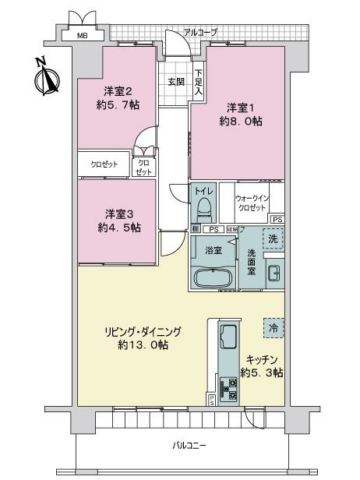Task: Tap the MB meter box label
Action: pos(82,36)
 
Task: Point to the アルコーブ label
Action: pos(200,32)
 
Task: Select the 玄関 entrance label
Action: pos(175,81)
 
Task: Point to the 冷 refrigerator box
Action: pos(273,329)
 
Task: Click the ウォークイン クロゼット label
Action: pos(252,203)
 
